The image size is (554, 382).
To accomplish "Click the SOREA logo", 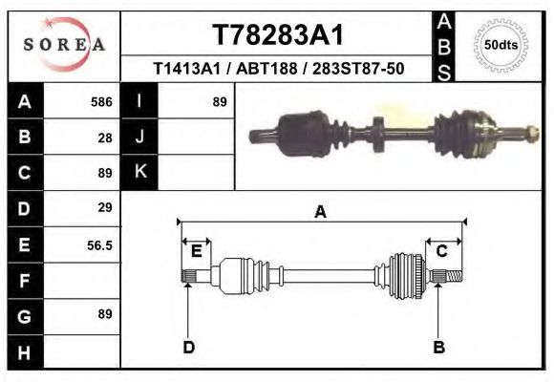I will [64, 44].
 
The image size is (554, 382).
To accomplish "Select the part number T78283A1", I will [277, 34].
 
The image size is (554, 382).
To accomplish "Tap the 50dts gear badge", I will [501, 44].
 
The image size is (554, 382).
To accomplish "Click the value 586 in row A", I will [101, 102].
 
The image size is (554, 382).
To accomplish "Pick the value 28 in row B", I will [105, 138].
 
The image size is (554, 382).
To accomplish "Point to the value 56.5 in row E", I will [100, 245].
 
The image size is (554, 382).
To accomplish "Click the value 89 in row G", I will [105, 314].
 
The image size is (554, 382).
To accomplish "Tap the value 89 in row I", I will [219, 102].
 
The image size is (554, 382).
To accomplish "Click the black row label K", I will [139, 173].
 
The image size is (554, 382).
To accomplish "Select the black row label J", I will [139, 138].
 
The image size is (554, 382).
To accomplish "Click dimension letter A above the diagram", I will [320, 212].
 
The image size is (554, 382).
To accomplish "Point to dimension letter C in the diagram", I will [442, 251].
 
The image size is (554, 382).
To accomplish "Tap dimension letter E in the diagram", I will [196, 251].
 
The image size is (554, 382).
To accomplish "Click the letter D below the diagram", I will [188, 347].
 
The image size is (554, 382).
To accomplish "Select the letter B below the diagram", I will [439, 347].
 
